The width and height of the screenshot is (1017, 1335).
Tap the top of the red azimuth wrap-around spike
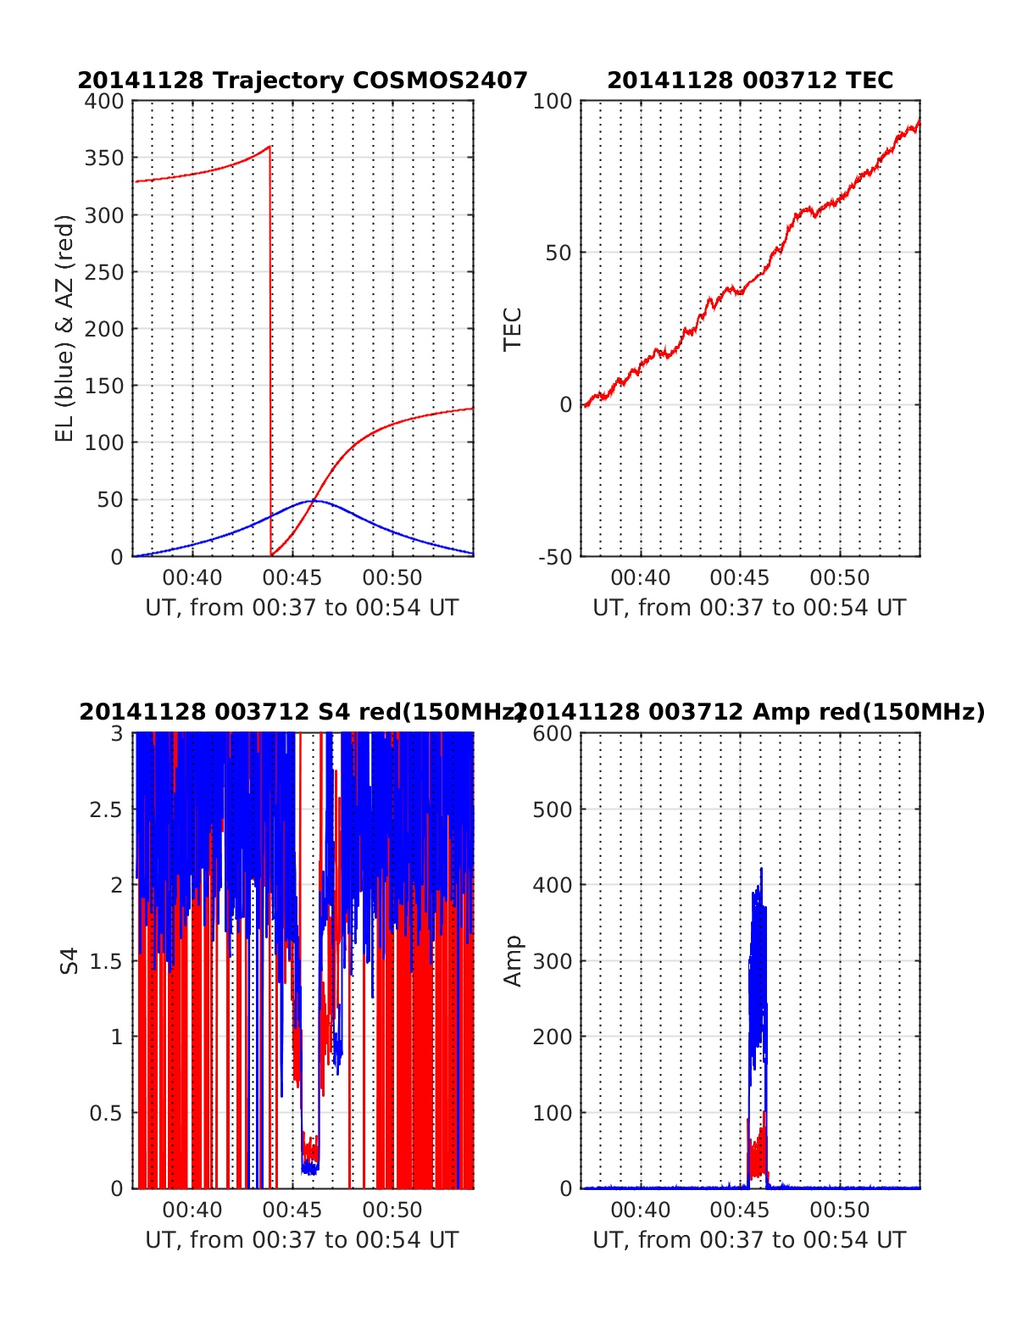270,147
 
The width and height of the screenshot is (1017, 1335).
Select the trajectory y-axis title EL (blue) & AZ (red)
65,328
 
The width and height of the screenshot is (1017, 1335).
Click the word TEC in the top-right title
870,81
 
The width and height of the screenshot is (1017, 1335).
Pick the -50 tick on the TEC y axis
554,557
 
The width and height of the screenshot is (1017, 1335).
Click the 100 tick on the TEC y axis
553,102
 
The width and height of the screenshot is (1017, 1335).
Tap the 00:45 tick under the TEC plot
740,578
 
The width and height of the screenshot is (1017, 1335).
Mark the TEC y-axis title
513,329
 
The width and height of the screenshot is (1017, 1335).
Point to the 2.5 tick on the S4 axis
106,809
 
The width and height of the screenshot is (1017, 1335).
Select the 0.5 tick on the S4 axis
106,1113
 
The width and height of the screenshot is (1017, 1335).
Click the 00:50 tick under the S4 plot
392,1210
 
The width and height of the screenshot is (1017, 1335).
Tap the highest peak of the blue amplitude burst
761,869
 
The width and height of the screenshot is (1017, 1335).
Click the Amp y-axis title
513,960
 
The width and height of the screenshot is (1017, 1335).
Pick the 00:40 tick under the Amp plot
640,1210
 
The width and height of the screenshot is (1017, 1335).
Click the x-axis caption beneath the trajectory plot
302,608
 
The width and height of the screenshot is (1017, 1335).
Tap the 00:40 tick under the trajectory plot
192,578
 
